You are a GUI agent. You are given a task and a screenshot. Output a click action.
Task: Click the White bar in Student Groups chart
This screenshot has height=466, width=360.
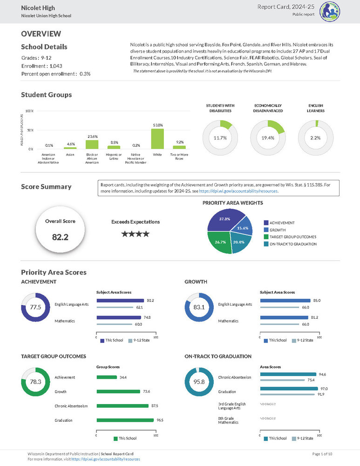coord(157,139)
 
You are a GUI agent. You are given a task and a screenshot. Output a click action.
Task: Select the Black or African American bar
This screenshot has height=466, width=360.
coord(92,144)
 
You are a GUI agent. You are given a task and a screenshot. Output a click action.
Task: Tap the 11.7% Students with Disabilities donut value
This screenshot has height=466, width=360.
coord(220,138)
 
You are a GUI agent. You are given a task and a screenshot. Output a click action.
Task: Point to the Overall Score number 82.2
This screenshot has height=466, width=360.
coord(60,237)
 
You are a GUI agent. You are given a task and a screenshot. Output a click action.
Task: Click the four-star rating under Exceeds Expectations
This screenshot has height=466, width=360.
coord(135,234)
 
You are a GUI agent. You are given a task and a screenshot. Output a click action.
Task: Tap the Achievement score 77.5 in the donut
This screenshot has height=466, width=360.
coord(36,308)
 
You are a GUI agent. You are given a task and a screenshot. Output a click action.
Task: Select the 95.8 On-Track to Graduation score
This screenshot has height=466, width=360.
coord(199,382)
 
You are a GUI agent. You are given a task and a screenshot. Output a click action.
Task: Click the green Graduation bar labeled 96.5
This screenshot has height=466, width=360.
coord(125,420)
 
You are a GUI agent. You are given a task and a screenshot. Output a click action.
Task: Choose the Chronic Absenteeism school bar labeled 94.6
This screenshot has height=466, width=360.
coord(288,374)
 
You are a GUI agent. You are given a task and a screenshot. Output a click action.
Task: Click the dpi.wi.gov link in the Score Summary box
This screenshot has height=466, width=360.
coord(238,191)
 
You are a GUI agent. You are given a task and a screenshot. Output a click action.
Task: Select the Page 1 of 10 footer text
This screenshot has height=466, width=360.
coord(322,453)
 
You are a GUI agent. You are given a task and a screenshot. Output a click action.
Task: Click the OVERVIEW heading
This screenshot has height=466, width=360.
coord(41,34)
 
